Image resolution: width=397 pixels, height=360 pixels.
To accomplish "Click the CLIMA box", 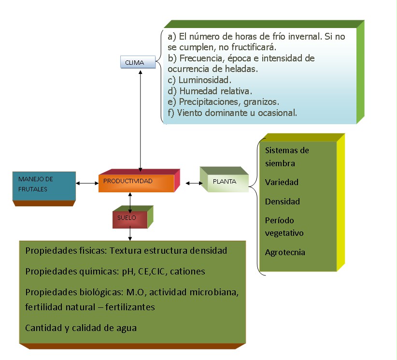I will coord(138,62).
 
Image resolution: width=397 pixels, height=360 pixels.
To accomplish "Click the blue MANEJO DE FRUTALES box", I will coord(43,185).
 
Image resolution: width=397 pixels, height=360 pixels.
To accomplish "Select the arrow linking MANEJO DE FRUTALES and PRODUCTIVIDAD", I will coord(87,183).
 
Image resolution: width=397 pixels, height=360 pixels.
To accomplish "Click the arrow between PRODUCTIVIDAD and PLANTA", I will coord(194,183).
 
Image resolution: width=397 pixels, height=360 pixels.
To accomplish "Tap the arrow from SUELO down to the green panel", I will coord(130,234).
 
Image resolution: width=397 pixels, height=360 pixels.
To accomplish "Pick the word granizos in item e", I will coord(263,102).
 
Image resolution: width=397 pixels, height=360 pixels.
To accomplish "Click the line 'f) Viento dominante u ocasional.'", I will coord(232,113).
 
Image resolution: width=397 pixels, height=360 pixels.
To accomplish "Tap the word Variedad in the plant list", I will coord(282,182).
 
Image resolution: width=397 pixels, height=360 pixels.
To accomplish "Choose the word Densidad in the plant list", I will coord(283,202).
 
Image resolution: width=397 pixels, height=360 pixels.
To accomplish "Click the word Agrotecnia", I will coord(285,252).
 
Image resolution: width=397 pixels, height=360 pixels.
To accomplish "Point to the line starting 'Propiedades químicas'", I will coord(115,272).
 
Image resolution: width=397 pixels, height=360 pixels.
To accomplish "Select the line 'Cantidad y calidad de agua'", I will coord(81,328).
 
